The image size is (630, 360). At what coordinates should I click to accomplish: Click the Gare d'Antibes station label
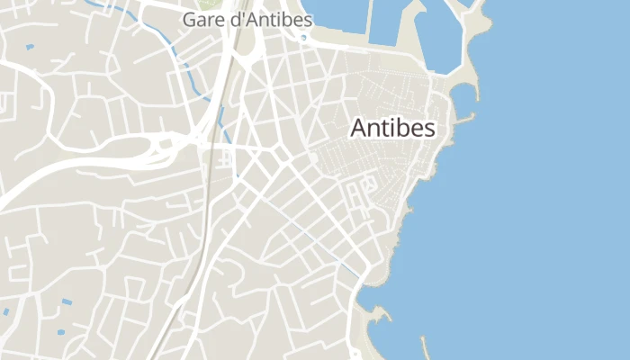(x=247, y=19)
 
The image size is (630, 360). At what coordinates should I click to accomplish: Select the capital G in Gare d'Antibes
(x=189, y=19)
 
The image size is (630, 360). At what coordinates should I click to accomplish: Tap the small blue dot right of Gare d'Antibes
(x=303, y=38)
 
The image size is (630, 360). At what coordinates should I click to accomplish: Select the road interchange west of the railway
(x=166, y=144)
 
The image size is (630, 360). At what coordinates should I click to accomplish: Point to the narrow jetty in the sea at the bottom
(x=424, y=345)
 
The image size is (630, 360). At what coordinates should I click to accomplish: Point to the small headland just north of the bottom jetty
(x=382, y=314)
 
